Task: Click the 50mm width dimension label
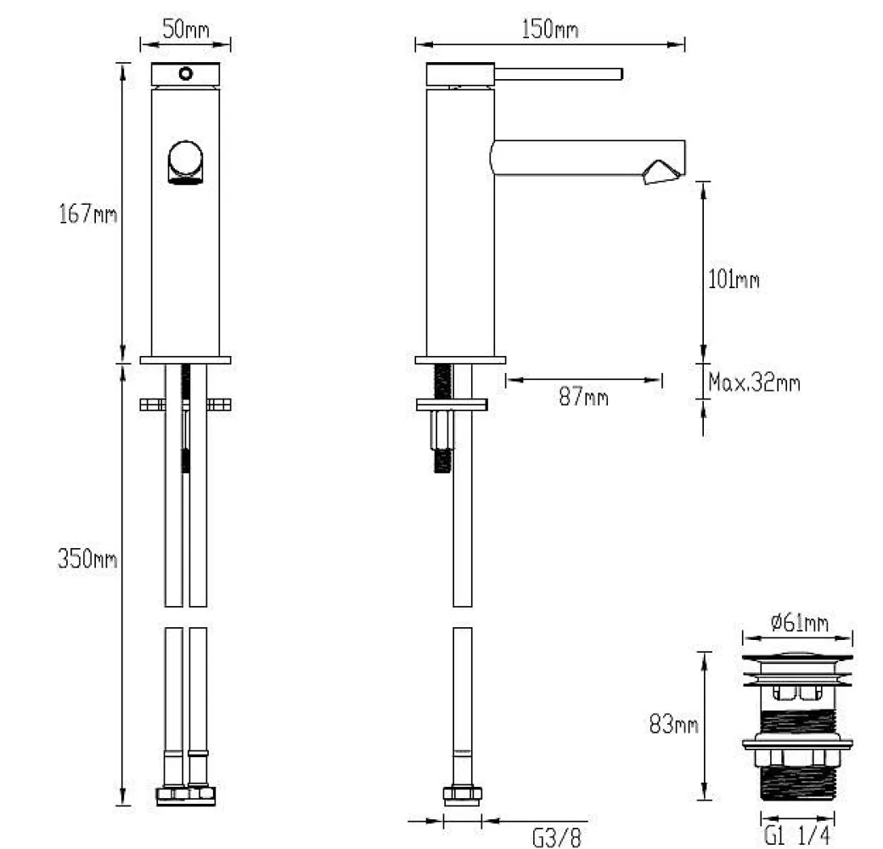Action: point(186,29)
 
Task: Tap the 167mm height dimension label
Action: point(87,213)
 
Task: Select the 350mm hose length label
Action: point(87,558)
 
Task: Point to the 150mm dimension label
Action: point(549,29)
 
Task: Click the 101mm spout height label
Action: point(734,280)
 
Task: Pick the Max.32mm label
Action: point(754,382)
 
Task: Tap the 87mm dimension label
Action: point(583,397)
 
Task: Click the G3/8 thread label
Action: point(556,837)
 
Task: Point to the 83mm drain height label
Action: point(673,724)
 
